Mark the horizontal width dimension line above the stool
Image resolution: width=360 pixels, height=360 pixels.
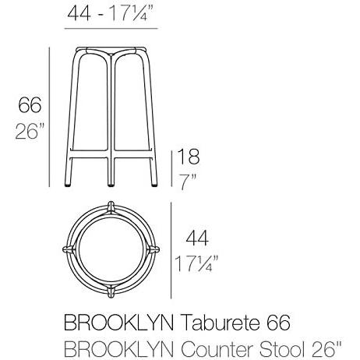coord(109,28)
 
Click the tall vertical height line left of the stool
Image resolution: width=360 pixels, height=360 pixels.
coord(51,117)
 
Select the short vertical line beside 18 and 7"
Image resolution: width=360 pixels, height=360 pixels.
coord(171,167)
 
